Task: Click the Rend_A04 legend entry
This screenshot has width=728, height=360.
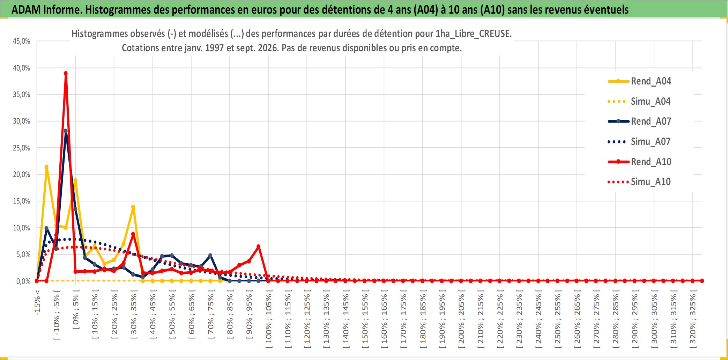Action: tap(639, 81)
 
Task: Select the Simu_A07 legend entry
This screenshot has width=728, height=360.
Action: tap(639, 142)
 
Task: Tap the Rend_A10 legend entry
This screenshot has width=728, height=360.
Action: tap(639, 162)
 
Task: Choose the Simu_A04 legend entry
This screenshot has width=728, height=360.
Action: tap(639, 102)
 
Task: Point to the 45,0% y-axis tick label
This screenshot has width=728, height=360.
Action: tap(22, 41)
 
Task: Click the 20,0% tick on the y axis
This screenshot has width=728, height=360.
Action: tap(22, 175)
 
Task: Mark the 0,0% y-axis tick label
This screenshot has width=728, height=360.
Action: tap(23, 281)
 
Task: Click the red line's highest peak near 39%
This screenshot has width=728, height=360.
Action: tap(66, 73)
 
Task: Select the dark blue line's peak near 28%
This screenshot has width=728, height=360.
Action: tap(66, 131)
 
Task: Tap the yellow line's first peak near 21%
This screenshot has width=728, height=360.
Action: tap(46, 167)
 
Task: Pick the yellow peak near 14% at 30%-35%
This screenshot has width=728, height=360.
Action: tap(133, 207)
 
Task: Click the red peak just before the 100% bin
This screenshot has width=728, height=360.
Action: tap(258, 247)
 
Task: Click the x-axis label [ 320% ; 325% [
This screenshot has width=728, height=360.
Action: tap(693, 319)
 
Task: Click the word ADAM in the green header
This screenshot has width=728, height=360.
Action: tap(26, 9)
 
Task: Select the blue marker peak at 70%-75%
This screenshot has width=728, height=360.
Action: tap(210, 256)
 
